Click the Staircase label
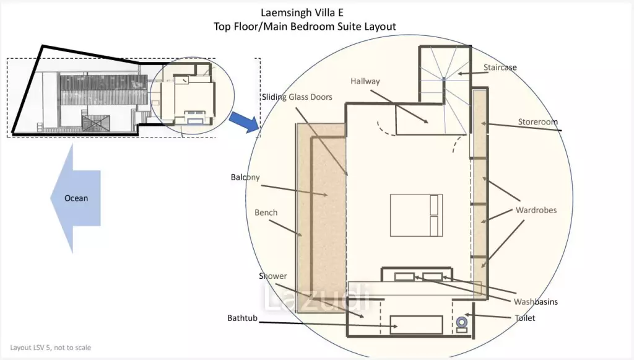click(500, 68)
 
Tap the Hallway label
click(365, 81)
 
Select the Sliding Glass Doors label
click(297, 97)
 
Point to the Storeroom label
click(538, 121)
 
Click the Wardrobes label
click(536, 210)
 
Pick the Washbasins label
click(536, 302)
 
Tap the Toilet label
click(525, 318)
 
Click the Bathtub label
click(242, 318)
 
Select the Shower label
click(273, 276)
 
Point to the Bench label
click(266, 213)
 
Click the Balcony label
click(245, 177)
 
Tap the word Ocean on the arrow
click(76, 198)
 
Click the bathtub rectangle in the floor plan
click(417, 325)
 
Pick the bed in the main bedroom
click(416, 215)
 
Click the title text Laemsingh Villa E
click(302, 12)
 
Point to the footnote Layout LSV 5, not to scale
click(51, 348)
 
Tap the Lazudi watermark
click(316, 298)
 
